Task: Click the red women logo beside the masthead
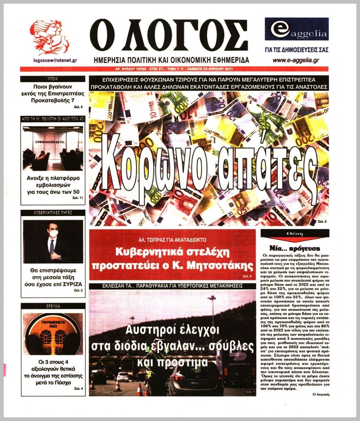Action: pos(49,37)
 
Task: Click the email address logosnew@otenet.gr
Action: pos(55,61)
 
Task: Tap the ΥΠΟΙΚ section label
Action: pos(53,79)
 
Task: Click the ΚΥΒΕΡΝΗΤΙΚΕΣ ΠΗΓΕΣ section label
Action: pos(53,213)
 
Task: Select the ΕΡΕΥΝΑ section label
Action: pos(53,306)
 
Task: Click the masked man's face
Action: pos(54,234)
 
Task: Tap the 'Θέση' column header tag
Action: pos(295,234)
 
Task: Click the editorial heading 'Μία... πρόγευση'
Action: pos(295,248)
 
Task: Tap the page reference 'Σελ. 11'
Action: pos(78,198)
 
